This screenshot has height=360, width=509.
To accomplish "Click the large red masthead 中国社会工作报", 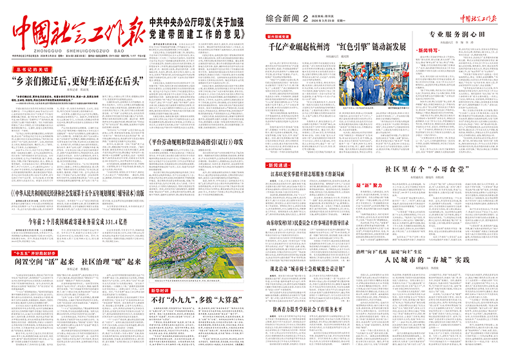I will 76,29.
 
